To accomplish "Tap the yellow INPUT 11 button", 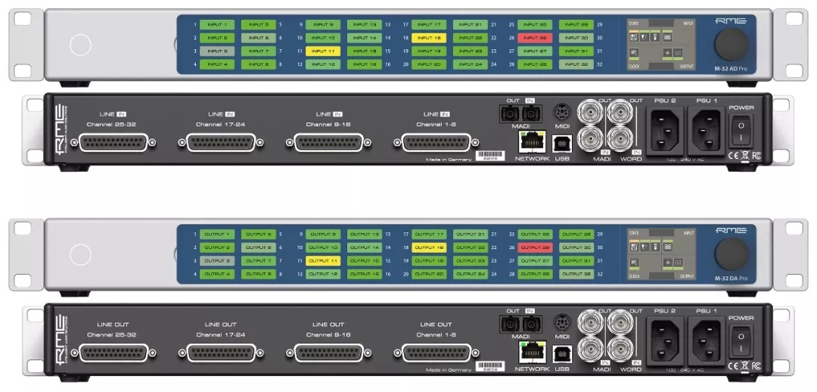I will (323, 51).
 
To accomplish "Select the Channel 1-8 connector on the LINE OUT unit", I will (437, 352).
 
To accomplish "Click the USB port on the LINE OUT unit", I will (561, 352).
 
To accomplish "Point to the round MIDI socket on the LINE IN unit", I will (561, 110).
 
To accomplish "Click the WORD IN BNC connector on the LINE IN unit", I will (627, 140).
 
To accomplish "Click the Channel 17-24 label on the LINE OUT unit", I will (219, 334).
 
